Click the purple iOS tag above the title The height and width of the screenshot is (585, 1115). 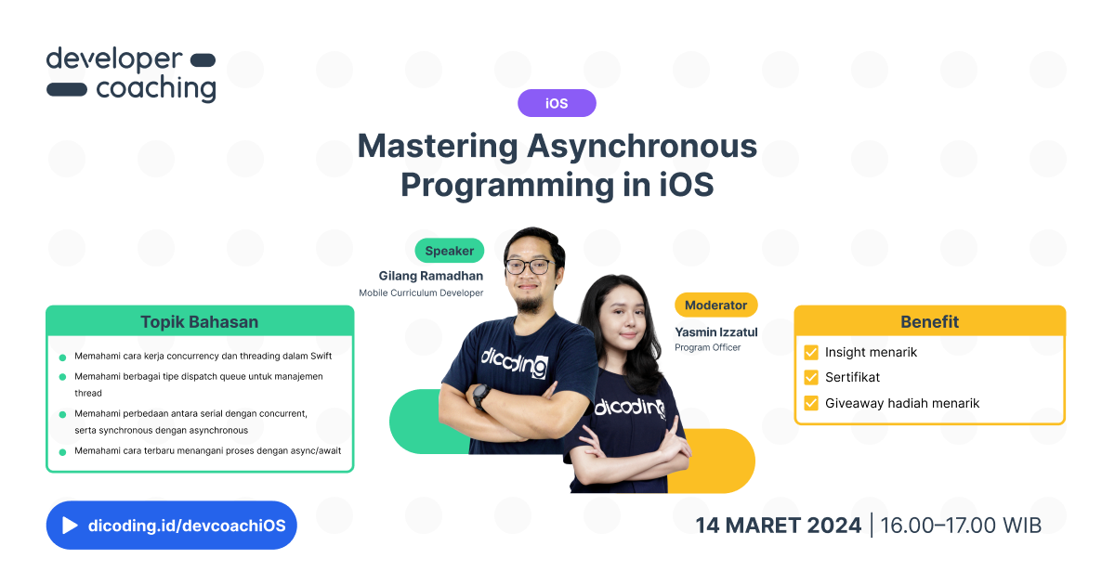click(557, 103)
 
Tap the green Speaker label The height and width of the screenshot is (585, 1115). click(450, 251)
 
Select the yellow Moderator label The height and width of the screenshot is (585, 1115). click(715, 305)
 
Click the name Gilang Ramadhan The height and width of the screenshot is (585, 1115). click(430, 276)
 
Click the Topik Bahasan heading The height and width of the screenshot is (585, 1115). click(200, 322)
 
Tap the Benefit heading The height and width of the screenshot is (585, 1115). click(929, 321)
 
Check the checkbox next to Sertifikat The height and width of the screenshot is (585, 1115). click(811, 378)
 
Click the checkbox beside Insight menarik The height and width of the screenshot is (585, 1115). click(811, 353)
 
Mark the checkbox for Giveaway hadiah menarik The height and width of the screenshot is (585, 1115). click(811, 403)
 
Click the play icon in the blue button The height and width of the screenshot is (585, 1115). click(70, 526)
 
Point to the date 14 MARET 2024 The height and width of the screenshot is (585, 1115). click(779, 526)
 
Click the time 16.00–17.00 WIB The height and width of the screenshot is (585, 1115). click(961, 526)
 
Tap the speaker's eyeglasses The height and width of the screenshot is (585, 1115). click(528, 266)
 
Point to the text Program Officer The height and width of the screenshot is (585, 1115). click(708, 347)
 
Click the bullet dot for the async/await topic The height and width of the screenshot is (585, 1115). click(62, 452)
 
